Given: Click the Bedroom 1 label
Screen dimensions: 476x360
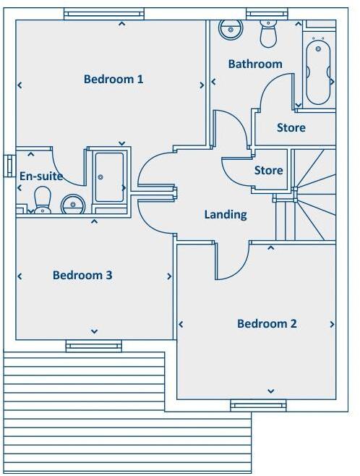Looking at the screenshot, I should tap(113, 79).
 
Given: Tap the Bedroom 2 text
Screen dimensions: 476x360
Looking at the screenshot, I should tap(267, 323).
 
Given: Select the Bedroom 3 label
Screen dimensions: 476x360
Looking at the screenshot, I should tap(82, 275).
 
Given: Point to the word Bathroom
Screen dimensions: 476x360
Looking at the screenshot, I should tap(255, 64).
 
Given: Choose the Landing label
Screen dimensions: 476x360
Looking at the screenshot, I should tap(226, 214).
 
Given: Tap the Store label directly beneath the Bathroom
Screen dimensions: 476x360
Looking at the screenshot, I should tap(291, 127).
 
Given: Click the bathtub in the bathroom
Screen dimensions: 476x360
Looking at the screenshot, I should tap(319, 72).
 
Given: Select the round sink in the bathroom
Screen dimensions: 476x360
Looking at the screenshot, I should tap(231, 29).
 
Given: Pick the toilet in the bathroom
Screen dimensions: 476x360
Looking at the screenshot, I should tap(268, 33).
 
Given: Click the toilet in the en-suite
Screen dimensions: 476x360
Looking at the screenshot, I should tap(43, 199).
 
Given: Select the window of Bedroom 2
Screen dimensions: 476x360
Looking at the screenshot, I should tap(258, 405).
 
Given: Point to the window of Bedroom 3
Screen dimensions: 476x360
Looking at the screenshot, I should tap(93, 346).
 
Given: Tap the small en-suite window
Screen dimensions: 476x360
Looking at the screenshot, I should tap(9, 165).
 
